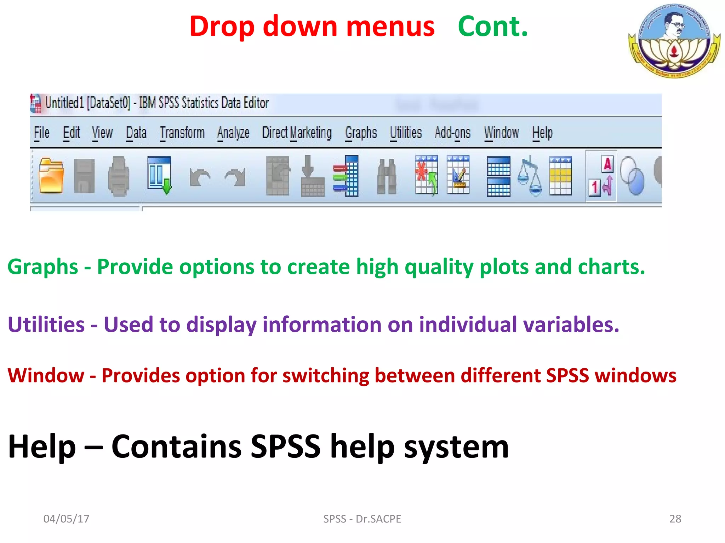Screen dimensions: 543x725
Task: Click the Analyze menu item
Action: click(x=233, y=133)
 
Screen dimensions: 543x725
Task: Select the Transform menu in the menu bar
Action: click(x=182, y=133)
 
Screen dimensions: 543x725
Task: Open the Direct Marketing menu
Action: click(x=297, y=133)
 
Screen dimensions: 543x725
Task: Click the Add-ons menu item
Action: click(x=452, y=133)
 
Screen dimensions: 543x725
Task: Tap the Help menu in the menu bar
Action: click(x=542, y=133)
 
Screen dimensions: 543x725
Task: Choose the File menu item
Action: click(x=41, y=133)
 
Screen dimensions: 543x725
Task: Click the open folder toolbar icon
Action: click(x=51, y=176)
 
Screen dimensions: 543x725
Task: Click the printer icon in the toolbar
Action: click(x=118, y=176)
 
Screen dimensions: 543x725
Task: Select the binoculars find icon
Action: click(x=387, y=176)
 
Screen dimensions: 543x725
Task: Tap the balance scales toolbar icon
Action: click(x=530, y=176)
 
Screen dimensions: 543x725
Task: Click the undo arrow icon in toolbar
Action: click(x=200, y=177)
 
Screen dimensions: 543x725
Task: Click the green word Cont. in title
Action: click(x=492, y=27)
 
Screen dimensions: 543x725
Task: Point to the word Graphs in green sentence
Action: click(x=42, y=267)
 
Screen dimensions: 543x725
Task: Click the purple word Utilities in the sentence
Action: click(x=46, y=325)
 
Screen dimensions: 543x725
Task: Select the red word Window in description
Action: click(x=46, y=375)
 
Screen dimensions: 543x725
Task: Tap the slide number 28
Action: click(x=675, y=519)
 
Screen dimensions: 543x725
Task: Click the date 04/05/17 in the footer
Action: click(x=66, y=519)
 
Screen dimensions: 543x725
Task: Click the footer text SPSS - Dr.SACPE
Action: click(x=362, y=519)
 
